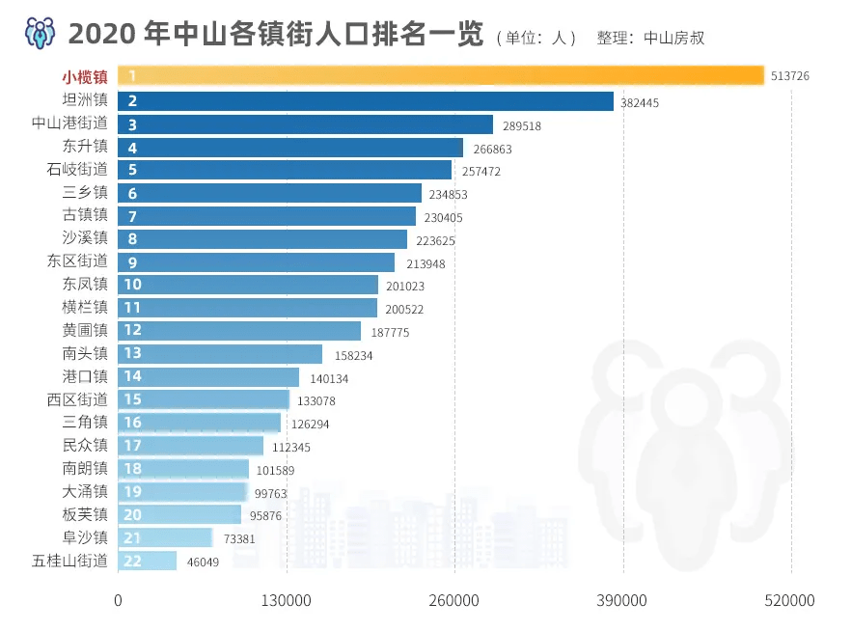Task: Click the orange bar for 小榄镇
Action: tap(440, 75)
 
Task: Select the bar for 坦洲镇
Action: tap(367, 101)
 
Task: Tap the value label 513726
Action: tap(790, 76)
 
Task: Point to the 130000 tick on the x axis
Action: tap(287, 600)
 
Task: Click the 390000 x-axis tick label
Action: tap(623, 600)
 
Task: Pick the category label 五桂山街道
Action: tap(69, 560)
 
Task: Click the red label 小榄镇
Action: tap(85, 76)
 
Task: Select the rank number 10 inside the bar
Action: tap(133, 285)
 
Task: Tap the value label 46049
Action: tap(204, 562)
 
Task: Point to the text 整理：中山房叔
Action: tap(650, 39)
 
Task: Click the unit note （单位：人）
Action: tap(536, 39)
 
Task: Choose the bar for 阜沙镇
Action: tap(166, 537)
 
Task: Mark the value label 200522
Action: tap(404, 309)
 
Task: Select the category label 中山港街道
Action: tap(69, 123)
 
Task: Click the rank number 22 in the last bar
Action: tap(133, 561)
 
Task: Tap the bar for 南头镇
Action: tap(220, 354)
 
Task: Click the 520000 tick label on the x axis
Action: tap(791, 600)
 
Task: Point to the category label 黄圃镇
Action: tap(85, 330)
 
